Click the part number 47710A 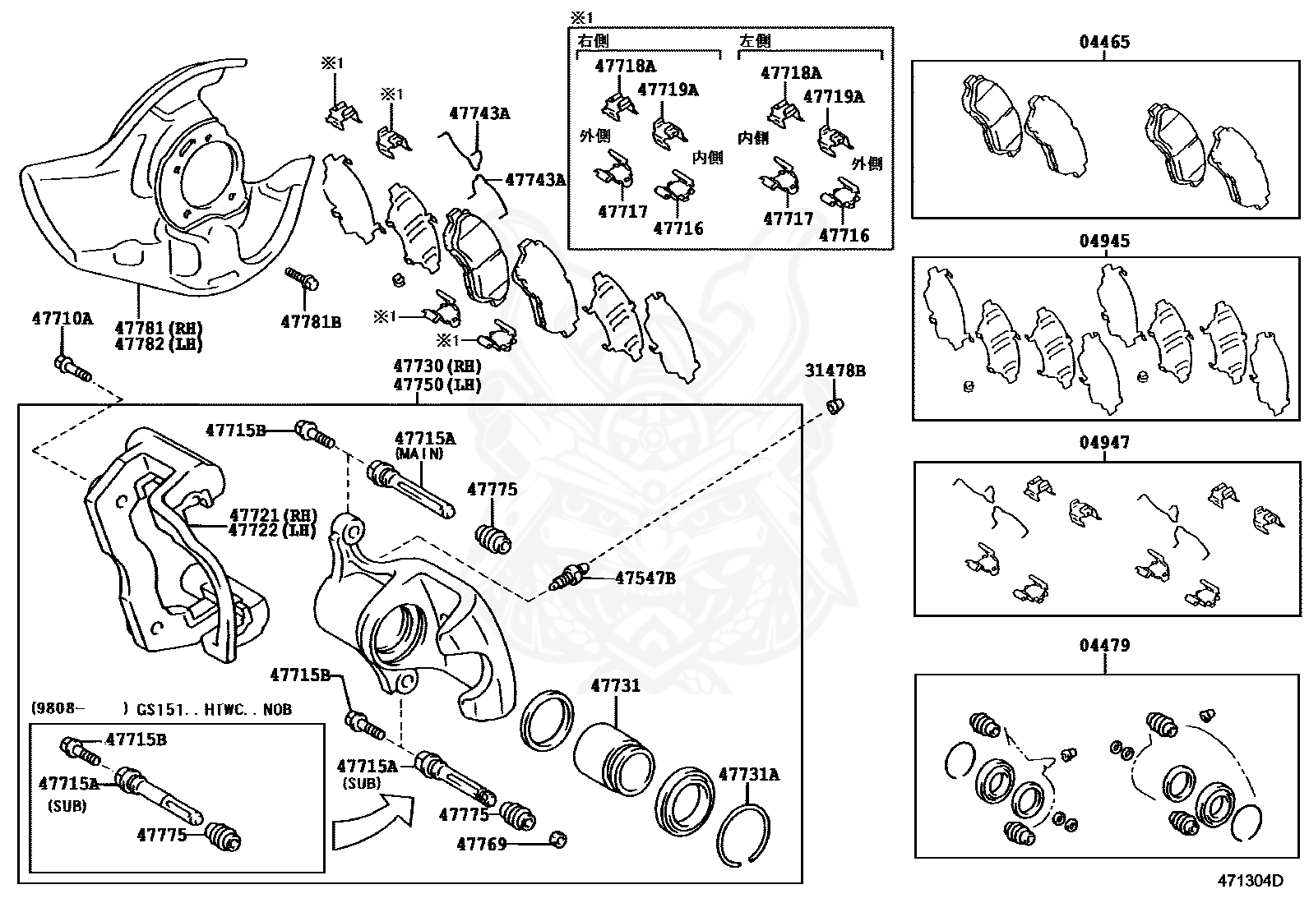click(62, 318)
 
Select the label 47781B click(310, 322)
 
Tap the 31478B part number click(835, 371)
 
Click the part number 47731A click(748, 774)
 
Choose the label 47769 click(482, 843)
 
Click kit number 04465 click(1104, 42)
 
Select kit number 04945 click(1104, 242)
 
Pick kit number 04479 click(1104, 646)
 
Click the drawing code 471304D click(1249, 881)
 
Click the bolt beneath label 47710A click(71, 369)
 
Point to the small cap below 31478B click(835, 405)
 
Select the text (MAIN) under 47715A click(419, 454)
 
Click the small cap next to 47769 click(558, 839)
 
